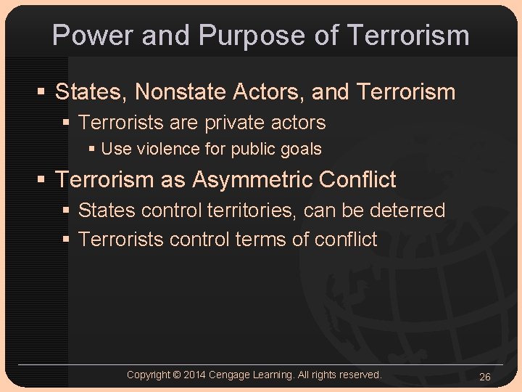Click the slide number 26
click(485, 376)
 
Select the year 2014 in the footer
click(194, 375)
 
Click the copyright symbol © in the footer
click(177, 375)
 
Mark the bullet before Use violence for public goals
click(91, 150)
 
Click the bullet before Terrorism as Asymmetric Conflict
click(43, 180)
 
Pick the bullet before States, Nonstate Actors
click(43, 93)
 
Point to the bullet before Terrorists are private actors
click(67, 123)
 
